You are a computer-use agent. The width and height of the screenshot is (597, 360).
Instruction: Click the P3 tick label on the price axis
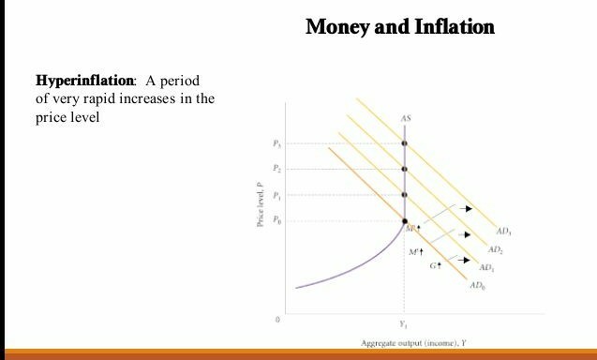pos(276,143)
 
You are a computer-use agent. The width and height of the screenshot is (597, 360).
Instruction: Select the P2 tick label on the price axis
pos(276,169)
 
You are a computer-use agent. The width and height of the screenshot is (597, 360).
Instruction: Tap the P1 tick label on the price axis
pos(276,195)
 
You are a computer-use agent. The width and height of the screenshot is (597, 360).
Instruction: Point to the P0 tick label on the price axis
pos(276,221)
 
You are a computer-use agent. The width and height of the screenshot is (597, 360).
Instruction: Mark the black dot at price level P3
pos(405,143)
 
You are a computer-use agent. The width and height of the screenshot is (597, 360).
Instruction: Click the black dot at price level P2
pos(405,169)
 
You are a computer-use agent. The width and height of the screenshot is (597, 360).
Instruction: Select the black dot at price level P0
pos(405,222)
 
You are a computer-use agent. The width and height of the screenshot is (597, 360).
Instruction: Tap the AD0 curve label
pos(479,284)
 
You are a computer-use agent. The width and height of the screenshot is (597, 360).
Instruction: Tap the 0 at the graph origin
pos(277,320)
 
